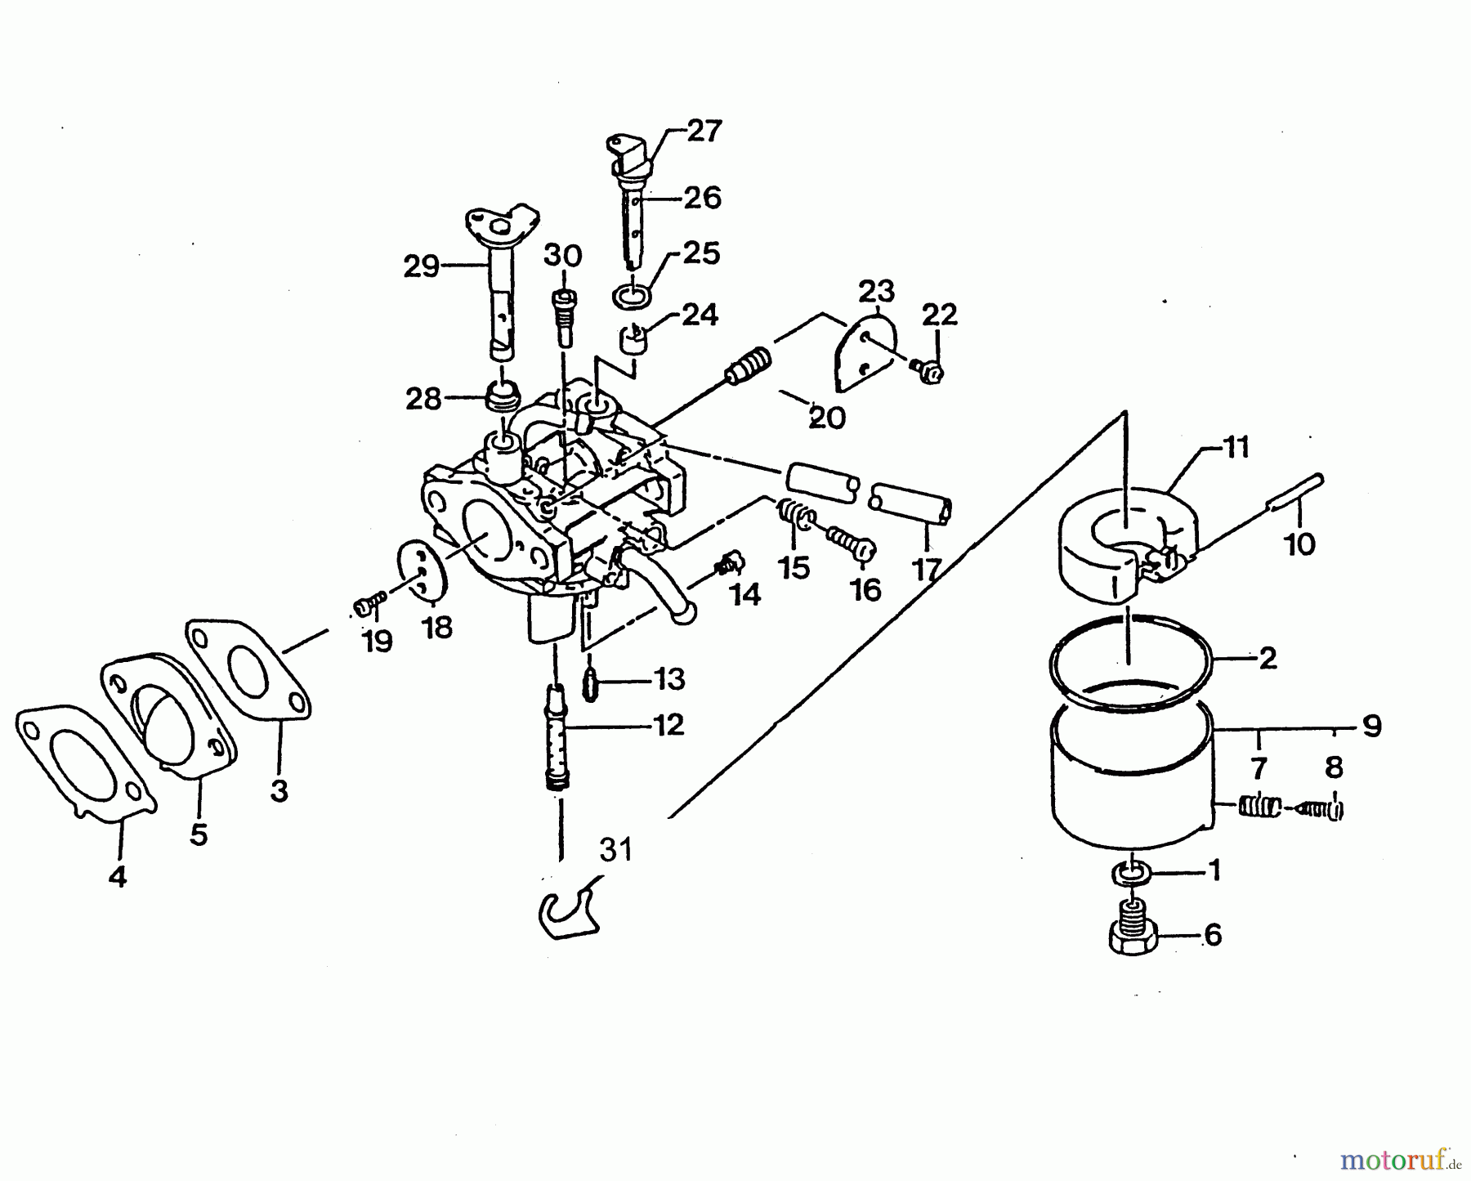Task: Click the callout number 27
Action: pos(704,131)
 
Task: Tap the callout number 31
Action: pos(615,850)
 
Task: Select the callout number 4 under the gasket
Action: pos(118,877)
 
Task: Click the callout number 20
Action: pos(826,418)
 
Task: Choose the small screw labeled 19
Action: pos(369,606)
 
